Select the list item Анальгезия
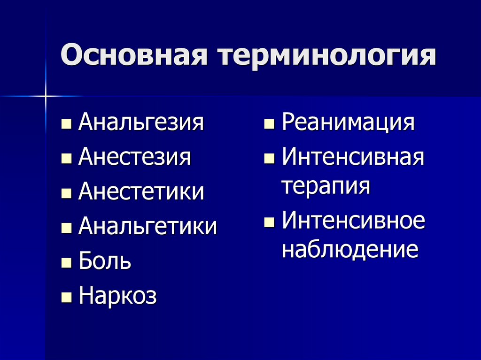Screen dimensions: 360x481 pos(141,123)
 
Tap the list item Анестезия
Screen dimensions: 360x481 pos(135,157)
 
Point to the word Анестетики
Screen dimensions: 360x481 pos(141,192)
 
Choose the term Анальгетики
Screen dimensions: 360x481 pos(148,227)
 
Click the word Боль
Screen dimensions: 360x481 pos(105,261)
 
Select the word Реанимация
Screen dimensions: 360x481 pos(348,123)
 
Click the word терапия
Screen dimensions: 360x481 pos(326,186)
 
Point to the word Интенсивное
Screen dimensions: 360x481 pos(354,221)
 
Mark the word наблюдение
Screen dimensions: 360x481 pos(350,249)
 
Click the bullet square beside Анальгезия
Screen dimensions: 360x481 pos(67,125)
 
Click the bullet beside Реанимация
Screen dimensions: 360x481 pos(270,125)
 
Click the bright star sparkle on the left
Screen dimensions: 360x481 pos(46,96)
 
